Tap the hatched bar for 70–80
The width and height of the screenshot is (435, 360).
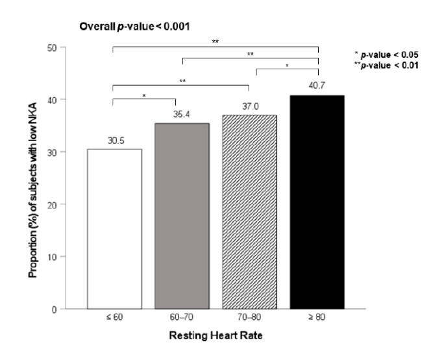pyautogui.click(x=249, y=211)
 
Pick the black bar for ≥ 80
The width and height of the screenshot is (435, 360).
pyautogui.click(x=317, y=202)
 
